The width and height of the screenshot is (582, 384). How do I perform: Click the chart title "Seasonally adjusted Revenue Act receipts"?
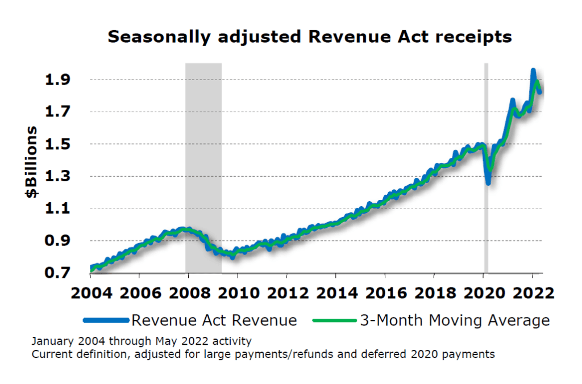[310, 37]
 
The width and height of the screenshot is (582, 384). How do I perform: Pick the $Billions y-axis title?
[31, 162]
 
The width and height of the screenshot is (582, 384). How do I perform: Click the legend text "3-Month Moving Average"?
[455, 320]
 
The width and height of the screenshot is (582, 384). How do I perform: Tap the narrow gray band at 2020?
[486, 114]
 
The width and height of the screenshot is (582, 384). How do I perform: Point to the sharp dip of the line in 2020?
[488, 182]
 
